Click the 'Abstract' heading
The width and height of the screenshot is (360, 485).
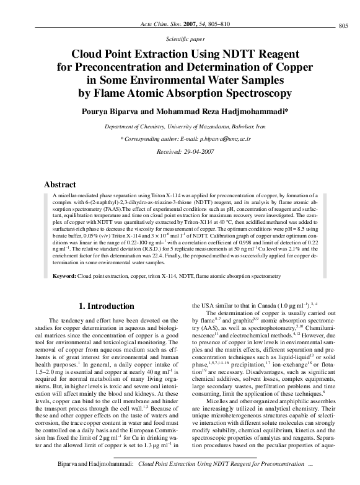[59, 184]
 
